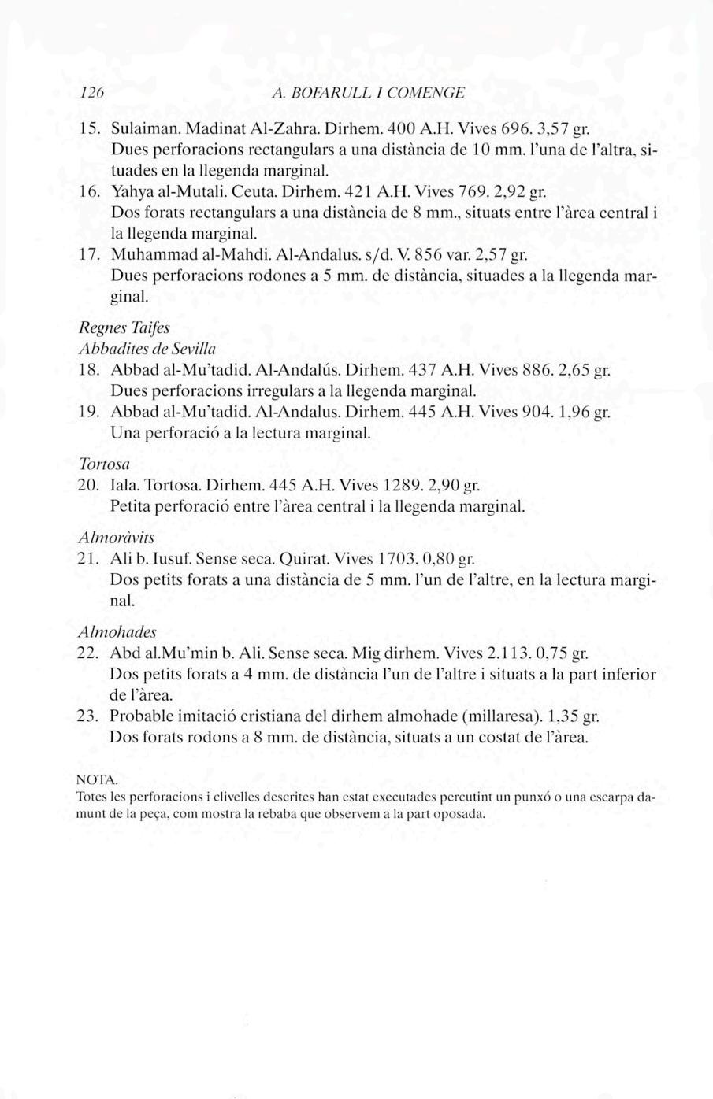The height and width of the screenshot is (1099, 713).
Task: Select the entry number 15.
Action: pyautogui.click(x=90, y=127)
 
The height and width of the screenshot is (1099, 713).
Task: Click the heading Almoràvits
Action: pyautogui.click(x=117, y=538)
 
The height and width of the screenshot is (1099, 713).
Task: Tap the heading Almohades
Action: pyautogui.click(x=117, y=631)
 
